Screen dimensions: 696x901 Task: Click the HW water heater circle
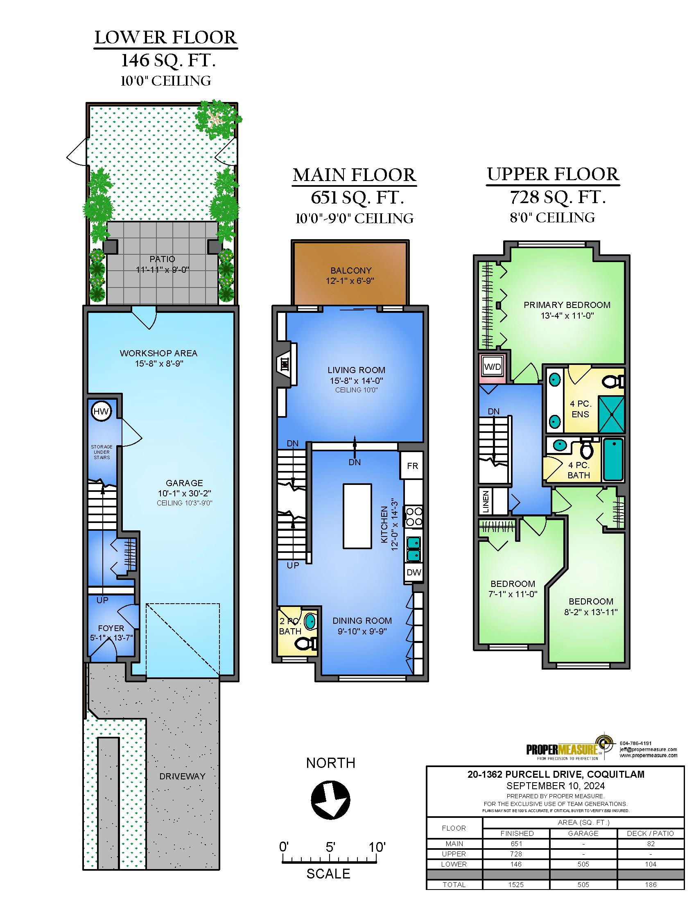pos(101,411)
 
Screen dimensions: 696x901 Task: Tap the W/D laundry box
pos(492,367)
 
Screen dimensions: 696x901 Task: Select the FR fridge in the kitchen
pos(412,466)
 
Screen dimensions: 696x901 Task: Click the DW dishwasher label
pos(414,572)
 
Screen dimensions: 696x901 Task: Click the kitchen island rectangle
pos(357,516)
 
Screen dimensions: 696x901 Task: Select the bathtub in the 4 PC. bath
pos(614,460)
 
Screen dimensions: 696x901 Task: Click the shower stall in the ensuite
pos(612,414)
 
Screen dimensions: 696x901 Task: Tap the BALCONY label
pos(351,271)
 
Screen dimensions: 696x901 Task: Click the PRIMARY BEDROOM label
pos(567,305)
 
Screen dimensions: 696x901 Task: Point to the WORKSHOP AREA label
pos(159,353)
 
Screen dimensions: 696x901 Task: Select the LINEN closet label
pos(486,501)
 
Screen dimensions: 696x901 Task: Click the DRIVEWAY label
pos(182,776)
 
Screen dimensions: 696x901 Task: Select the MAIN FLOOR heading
pos(355,175)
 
